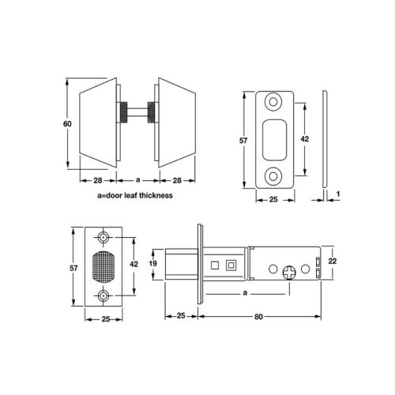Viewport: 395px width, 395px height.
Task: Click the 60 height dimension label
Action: (x=67, y=123)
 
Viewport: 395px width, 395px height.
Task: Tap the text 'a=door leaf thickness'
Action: (x=135, y=195)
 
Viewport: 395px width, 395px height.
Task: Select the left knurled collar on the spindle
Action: (x=123, y=112)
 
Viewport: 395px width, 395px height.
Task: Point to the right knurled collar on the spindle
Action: (x=152, y=112)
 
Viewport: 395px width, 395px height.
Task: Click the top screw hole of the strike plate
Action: (x=273, y=102)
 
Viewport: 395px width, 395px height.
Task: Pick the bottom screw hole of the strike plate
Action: (x=273, y=176)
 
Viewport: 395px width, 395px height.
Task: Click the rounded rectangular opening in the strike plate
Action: (x=274, y=140)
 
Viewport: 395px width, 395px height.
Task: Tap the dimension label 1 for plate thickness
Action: (x=338, y=194)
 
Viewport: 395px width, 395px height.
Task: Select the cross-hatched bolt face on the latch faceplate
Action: (x=103, y=266)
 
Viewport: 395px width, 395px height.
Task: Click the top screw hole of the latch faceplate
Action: (x=103, y=238)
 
